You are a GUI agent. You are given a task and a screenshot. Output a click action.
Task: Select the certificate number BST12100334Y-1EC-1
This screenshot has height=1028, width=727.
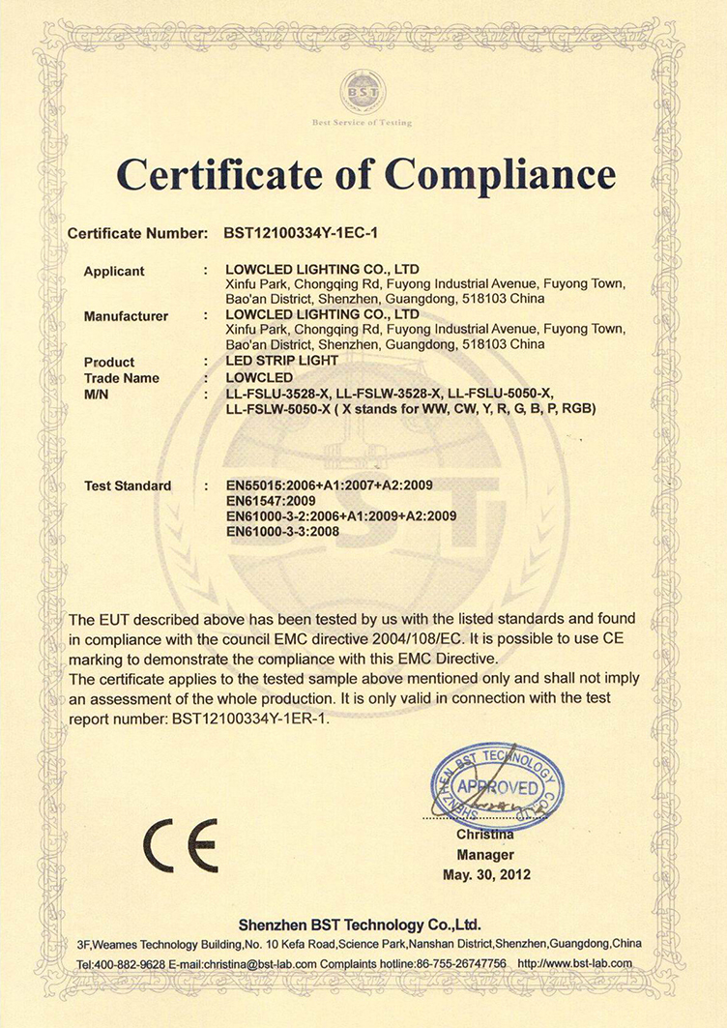pos(307,234)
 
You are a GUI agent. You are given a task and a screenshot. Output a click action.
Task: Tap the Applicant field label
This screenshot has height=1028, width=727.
pos(114,271)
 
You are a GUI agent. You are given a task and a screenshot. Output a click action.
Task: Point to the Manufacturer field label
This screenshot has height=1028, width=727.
pos(127,315)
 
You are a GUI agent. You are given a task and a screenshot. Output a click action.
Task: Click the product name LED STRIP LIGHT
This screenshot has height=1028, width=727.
pos(281,361)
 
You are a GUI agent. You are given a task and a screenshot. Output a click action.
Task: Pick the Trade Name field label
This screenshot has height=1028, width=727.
pos(122,377)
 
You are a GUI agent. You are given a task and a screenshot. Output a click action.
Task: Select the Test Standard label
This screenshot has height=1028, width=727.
pos(128,485)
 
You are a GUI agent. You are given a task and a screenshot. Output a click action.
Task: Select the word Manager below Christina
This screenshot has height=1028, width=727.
pos(485,855)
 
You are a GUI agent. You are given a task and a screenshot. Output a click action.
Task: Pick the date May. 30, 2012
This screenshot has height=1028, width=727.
pos(486,875)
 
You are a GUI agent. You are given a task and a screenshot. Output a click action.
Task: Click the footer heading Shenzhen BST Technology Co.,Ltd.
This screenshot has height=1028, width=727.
pos(360,924)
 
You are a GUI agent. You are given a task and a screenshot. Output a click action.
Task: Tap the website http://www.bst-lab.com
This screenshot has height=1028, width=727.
pos(574,963)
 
